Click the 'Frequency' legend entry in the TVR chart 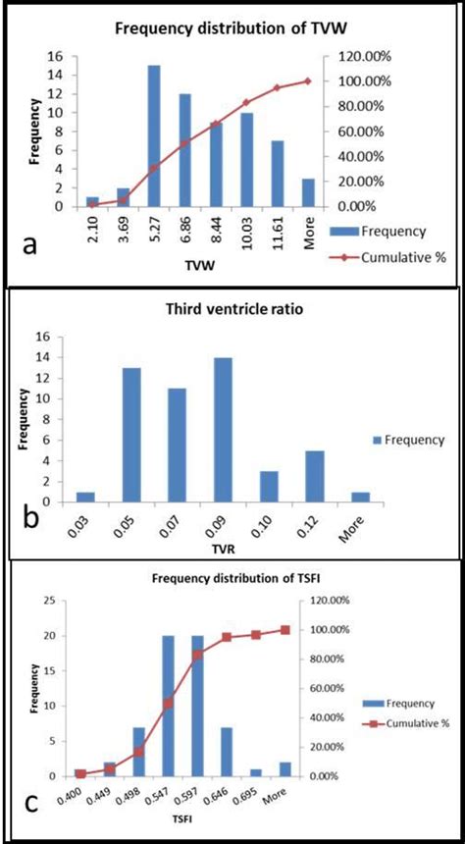coord(410,440)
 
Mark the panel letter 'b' coord(31,516)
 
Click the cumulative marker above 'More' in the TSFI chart coord(285,630)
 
